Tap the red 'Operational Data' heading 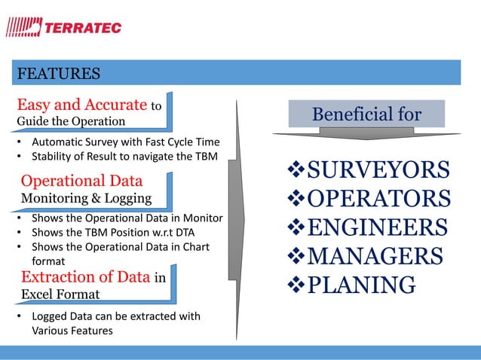click(x=81, y=182)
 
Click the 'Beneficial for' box click(x=366, y=114)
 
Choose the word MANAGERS click(x=377, y=257)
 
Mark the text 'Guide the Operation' click(x=71, y=121)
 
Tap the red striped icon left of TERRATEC click(x=23, y=28)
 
